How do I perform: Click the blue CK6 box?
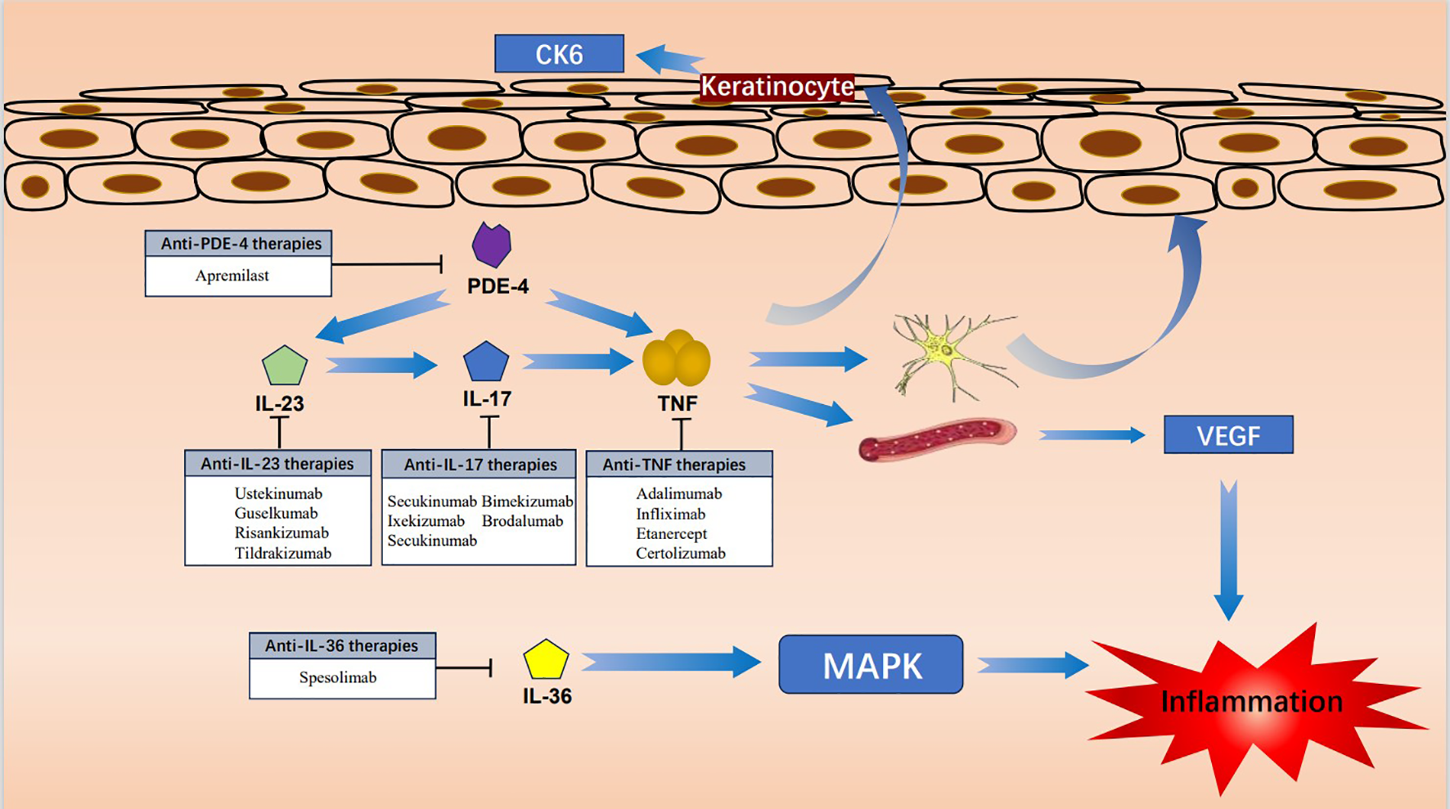[560, 54]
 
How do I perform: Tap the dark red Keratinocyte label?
[777, 87]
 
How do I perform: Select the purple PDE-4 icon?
[492, 245]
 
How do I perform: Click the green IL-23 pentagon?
[285, 366]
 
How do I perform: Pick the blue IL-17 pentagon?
[486, 362]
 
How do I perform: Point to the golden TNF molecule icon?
[676, 359]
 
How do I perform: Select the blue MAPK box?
[871, 665]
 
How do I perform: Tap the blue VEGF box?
[1228, 435]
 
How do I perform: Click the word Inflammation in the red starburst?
[1251, 702]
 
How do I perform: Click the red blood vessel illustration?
[938, 439]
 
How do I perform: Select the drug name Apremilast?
[232, 276]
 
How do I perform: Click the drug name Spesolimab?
[337, 677]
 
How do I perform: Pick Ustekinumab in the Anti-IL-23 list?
[278, 493]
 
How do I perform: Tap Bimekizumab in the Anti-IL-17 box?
[527, 501]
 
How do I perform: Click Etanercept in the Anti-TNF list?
[671, 533]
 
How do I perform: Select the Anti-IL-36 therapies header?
[341, 645]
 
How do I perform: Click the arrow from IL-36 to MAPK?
[671, 662]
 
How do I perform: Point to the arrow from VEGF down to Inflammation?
[1228, 550]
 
